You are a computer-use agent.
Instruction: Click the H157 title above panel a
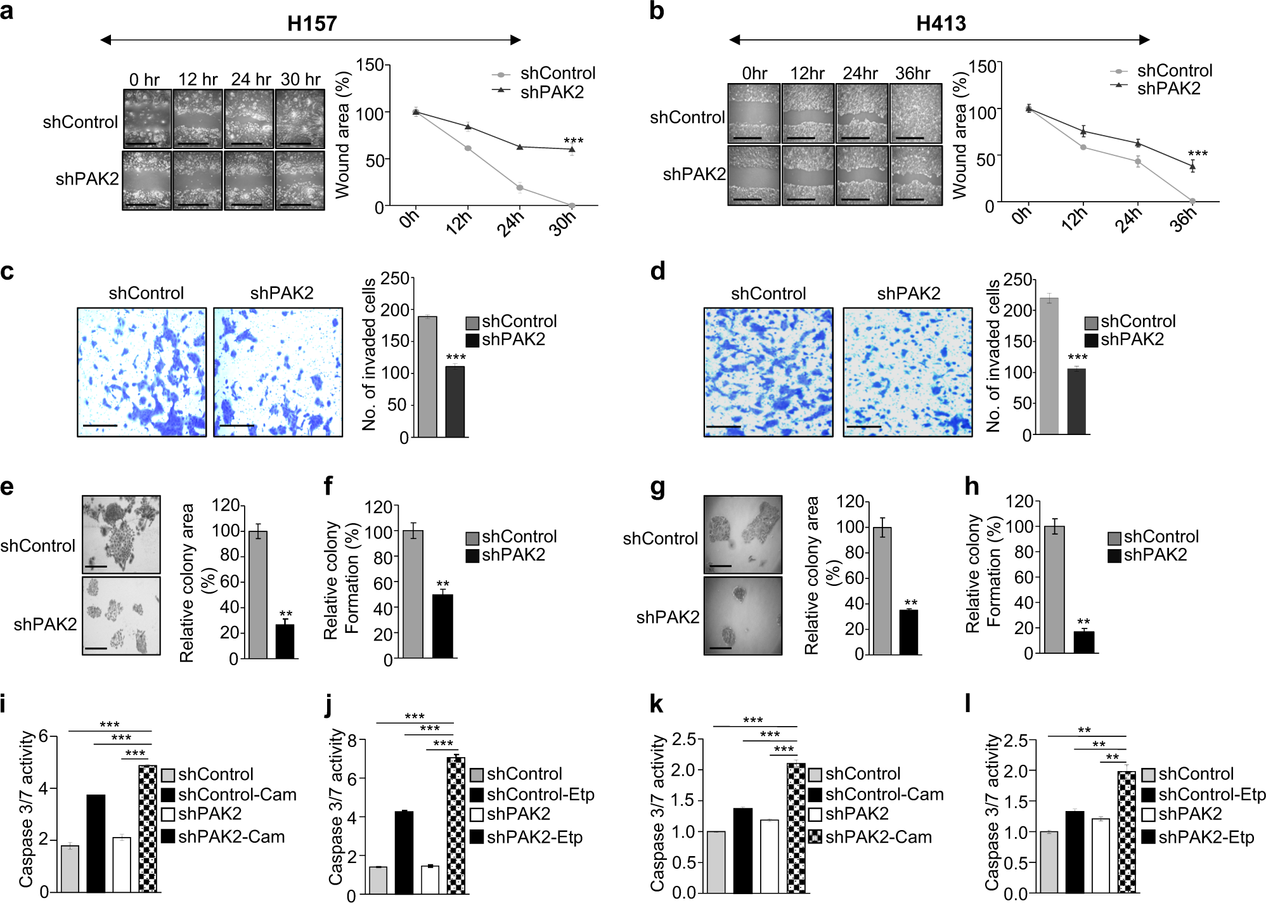point(311,23)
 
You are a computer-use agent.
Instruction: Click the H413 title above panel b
point(941,23)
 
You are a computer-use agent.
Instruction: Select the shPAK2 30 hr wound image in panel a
point(300,181)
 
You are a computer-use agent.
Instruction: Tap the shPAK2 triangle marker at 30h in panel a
point(572,150)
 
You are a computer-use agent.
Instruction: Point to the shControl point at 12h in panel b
point(1083,147)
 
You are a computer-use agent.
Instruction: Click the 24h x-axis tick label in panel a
point(510,223)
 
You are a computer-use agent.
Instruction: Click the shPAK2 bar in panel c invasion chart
point(455,401)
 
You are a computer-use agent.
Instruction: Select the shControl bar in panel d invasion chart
point(1049,366)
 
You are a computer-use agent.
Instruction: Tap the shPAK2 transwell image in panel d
point(907,372)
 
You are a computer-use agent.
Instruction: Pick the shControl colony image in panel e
point(121,534)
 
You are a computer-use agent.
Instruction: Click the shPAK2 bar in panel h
point(1083,642)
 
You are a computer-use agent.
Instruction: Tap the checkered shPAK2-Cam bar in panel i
point(147,828)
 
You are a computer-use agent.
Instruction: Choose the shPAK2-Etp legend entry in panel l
point(1197,837)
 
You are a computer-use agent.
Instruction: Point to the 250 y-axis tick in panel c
point(394,278)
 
